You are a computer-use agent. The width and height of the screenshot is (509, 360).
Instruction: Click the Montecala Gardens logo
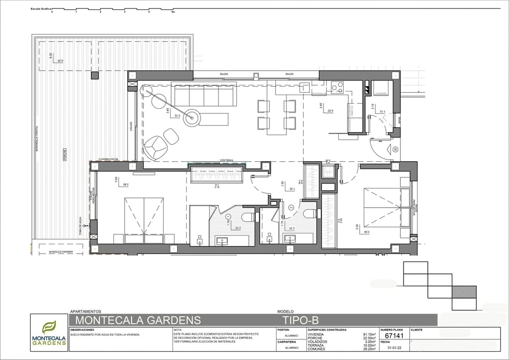tap(49, 333)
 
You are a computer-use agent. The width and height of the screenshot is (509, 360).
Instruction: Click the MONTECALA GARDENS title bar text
tap(138, 320)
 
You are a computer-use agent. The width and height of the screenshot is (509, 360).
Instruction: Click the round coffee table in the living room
tap(191, 118)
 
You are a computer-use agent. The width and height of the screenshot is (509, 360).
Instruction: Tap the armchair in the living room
tap(155, 147)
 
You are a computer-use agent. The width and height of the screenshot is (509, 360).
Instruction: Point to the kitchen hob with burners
tap(337, 87)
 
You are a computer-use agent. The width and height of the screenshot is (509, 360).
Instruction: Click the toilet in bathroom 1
tap(248, 217)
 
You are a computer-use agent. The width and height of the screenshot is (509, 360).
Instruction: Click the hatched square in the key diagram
tap(464, 292)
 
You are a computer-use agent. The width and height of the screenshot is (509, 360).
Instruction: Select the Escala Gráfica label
tap(41, 8)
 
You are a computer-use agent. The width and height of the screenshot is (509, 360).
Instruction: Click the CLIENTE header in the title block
tap(416, 330)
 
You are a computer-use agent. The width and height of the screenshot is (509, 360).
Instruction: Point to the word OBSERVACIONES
tap(82, 330)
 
